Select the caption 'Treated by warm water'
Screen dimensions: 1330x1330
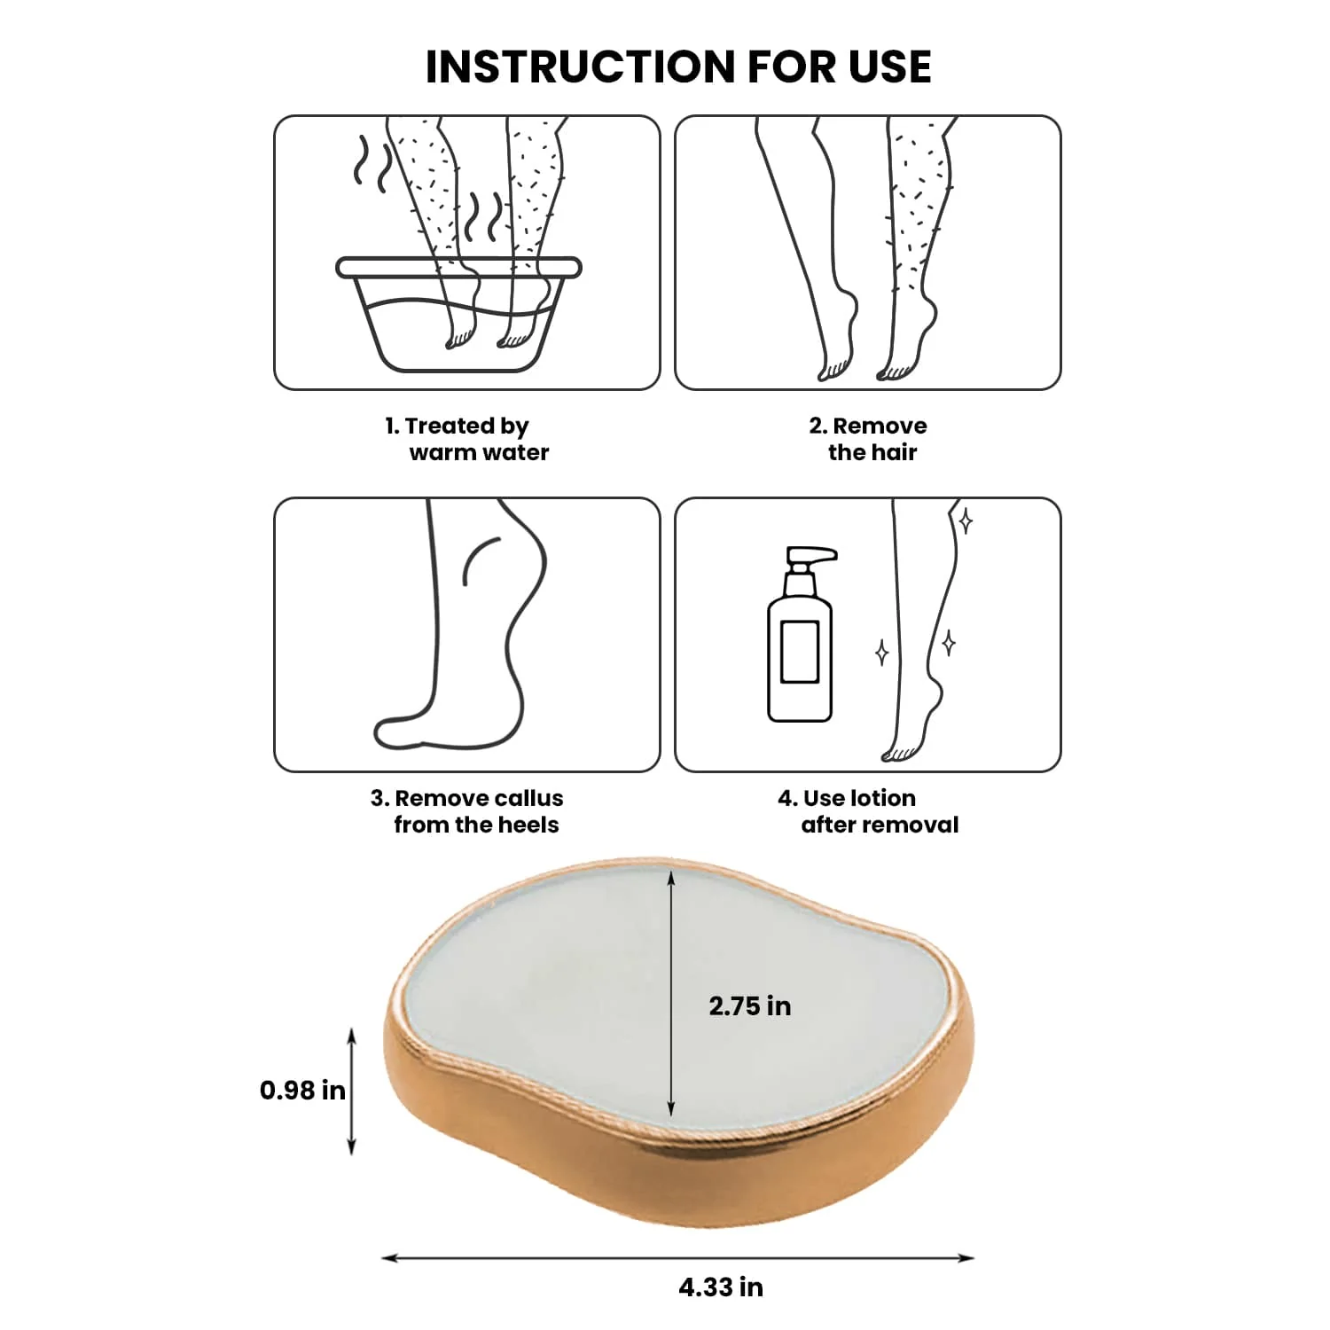click(x=467, y=439)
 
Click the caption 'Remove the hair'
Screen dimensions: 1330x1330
click(x=868, y=439)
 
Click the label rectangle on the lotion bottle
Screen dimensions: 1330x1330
click(x=799, y=652)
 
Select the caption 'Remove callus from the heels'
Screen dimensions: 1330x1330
click(x=467, y=811)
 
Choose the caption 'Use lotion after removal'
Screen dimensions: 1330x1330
click(x=869, y=811)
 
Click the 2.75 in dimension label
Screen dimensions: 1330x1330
click(x=750, y=1006)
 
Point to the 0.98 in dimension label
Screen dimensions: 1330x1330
click(x=302, y=1090)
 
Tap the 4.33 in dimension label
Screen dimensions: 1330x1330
click(x=721, y=1287)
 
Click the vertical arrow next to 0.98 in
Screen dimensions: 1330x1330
click(x=352, y=1091)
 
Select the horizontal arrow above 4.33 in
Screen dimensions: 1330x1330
click(x=678, y=1257)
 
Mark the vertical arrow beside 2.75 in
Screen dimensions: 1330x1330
click(x=671, y=993)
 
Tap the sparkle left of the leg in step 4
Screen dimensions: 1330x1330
click(x=882, y=653)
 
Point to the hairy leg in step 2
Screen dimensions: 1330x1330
click(x=913, y=248)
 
